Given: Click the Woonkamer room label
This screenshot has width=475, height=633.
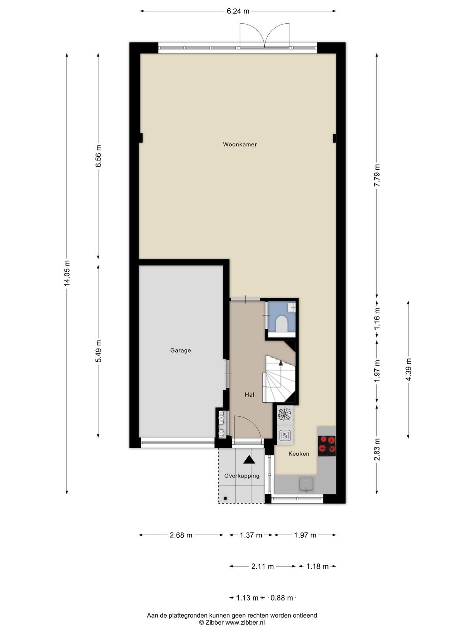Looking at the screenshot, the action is [x=239, y=144].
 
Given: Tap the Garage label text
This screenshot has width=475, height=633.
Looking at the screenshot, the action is [x=180, y=351].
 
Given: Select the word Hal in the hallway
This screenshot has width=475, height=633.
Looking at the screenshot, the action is [x=249, y=394].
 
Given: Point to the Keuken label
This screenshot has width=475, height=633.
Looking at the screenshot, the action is [x=299, y=454].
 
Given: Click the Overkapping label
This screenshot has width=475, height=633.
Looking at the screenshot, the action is [x=242, y=476].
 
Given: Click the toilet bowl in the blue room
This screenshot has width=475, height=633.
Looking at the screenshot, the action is [x=282, y=324].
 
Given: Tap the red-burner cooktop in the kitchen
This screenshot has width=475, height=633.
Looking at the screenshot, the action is [x=327, y=446].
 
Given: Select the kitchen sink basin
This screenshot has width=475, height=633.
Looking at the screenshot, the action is [x=306, y=484].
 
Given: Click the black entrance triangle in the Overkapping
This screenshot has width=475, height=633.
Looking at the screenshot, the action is [x=249, y=459].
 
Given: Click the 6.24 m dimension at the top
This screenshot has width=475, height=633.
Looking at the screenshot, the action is [x=238, y=11].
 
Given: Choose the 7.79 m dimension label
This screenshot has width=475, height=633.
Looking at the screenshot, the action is [x=377, y=175].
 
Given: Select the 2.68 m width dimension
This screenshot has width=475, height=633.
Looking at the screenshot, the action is [x=181, y=535].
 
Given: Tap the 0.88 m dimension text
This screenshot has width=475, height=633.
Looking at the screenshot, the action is [x=281, y=598].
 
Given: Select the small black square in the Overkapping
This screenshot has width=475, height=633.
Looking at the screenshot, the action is [x=226, y=498].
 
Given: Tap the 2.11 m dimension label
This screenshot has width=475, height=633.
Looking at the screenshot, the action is [x=262, y=567].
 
